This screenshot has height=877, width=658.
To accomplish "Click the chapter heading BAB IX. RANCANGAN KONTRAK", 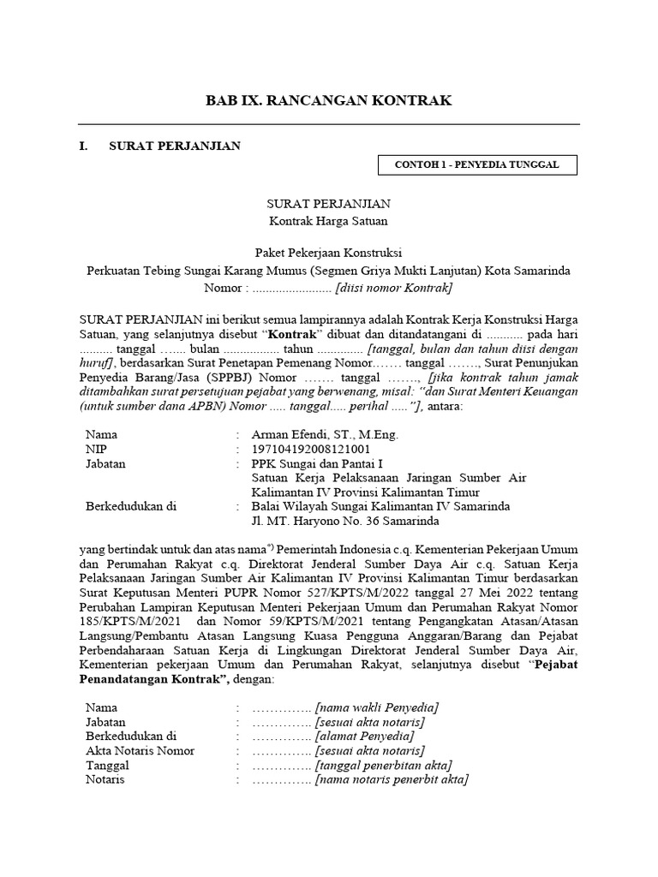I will pos(328,101).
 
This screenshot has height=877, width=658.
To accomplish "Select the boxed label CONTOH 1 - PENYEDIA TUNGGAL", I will pos(476,164).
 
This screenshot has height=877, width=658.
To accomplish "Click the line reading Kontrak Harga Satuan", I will pos(328,221).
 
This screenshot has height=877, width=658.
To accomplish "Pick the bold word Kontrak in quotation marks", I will pos(294,332).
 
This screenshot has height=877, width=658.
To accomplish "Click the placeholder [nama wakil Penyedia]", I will pos(377,707).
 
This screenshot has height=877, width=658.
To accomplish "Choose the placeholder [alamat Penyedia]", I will pos(364,737).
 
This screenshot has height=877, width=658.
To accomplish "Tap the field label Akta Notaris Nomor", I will pos(140,751).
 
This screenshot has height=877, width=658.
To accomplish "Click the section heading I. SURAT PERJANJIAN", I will pos(159,146).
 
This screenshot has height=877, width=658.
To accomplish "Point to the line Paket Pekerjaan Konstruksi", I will pos(328,253).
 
